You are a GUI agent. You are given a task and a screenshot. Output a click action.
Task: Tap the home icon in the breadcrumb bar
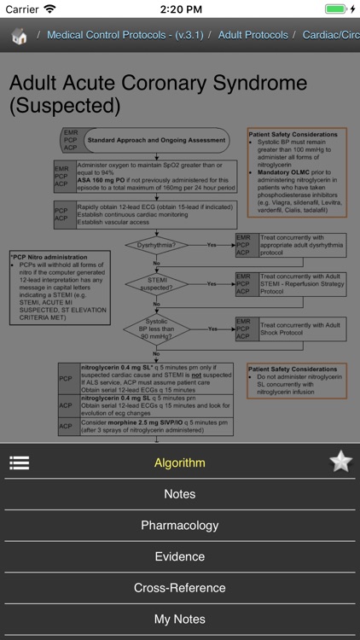click(20, 36)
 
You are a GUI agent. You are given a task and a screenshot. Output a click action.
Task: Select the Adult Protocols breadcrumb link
click(252, 36)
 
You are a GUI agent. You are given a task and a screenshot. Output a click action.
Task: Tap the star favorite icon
click(340, 462)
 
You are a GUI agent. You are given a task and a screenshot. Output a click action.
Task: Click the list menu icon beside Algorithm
click(20, 463)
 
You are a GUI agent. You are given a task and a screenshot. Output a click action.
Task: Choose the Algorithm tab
click(179, 463)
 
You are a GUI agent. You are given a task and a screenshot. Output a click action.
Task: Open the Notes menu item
click(179, 494)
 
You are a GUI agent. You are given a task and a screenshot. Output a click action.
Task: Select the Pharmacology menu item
click(179, 526)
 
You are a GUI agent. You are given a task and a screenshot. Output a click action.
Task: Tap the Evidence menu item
click(179, 556)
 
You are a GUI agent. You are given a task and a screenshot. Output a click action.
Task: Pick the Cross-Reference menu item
click(179, 588)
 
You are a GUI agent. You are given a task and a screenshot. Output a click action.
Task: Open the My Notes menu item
click(179, 619)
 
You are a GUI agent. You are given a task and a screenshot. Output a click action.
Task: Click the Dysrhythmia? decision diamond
click(155, 245)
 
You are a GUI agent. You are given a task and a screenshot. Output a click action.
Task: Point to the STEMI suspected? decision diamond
click(155, 283)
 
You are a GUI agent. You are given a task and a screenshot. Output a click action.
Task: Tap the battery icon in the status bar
click(336, 9)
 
